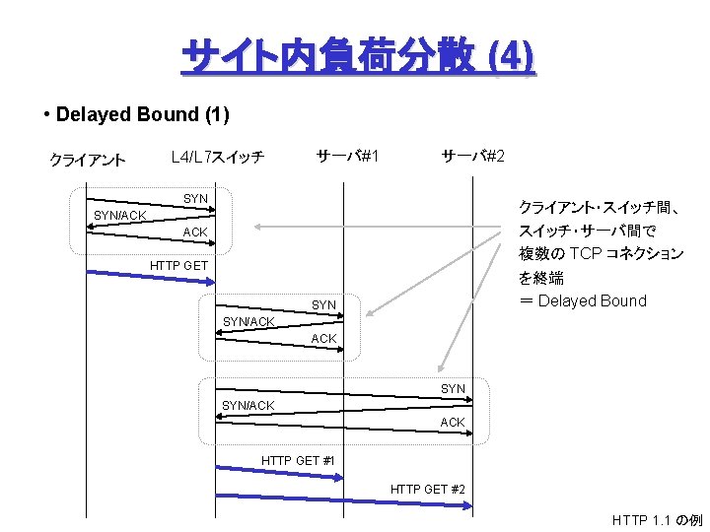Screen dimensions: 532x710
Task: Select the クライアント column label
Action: [x=88, y=160]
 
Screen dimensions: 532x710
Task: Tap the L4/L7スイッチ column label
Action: [x=217, y=156]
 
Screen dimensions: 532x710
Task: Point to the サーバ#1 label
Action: [x=348, y=156]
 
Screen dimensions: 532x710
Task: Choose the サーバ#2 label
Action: [x=473, y=156]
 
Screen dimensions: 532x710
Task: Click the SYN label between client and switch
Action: [x=195, y=199]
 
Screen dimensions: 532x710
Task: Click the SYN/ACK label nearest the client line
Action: [x=119, y=216]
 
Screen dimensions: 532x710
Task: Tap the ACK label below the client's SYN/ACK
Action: [x=195, y=233]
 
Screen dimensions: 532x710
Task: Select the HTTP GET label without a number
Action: [x=178, y=266]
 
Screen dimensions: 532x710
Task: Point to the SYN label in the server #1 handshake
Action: [x=323, y=305]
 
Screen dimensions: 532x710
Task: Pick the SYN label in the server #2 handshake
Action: [x=453, y=389]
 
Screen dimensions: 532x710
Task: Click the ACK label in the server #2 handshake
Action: [x=452, y=423]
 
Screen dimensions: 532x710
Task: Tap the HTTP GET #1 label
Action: [x=298, y=460]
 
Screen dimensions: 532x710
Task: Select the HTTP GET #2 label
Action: [x=428, y=489]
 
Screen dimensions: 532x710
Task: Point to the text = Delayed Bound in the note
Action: [x=583, y=300]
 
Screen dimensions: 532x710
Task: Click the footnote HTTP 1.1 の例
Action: [x=657, y=519]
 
